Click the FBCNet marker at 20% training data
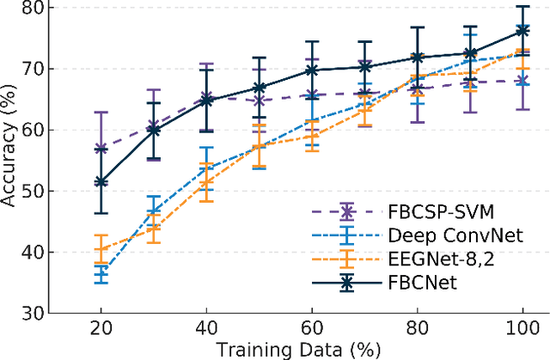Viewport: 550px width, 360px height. coord(101,182)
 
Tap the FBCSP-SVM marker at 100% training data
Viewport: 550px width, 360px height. coord(522,81)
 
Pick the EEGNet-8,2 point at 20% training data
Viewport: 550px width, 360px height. coord(101,249)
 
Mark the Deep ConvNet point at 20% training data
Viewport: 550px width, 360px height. coord(101,272)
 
